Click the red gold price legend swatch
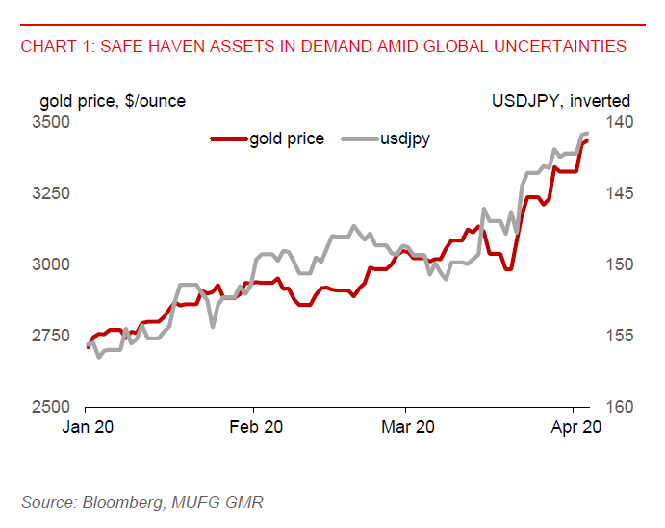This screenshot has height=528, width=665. coord(227,138)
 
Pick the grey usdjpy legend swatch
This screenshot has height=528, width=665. coord(357,138)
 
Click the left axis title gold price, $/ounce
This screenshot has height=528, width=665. coord(113,101)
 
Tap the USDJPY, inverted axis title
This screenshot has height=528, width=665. coord(561,101)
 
